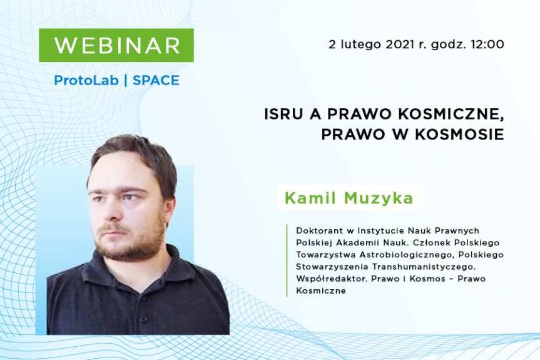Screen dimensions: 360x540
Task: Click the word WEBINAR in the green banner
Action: tap(116, 45)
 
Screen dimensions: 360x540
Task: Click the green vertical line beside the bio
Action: tap(287, 260)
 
